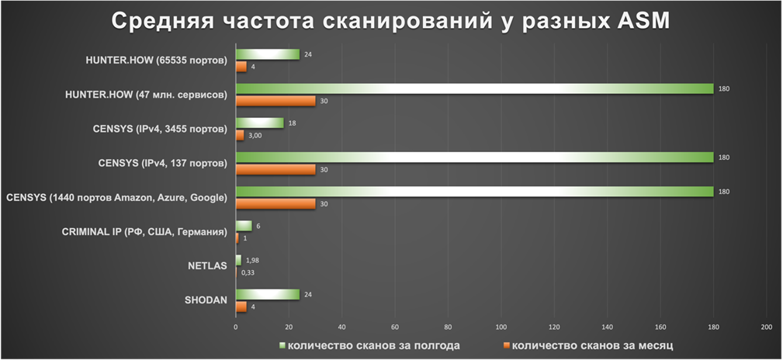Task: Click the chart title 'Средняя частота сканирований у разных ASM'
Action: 391,21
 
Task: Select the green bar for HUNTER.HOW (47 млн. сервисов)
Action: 474,88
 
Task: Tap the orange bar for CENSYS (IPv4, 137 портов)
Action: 275,169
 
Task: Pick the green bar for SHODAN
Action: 267,294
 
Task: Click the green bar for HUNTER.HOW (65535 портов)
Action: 267,54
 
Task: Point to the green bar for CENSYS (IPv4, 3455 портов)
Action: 259,123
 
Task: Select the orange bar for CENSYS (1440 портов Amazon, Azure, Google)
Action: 275,203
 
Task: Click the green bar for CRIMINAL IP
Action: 244,226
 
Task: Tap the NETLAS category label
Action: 207,266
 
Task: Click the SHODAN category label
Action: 206,300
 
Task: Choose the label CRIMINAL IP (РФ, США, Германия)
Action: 144,231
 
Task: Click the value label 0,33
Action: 248,272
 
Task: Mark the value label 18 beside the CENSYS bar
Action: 292,123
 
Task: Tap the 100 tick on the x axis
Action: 501,327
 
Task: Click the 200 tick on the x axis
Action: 767,327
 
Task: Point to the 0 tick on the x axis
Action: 236,327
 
